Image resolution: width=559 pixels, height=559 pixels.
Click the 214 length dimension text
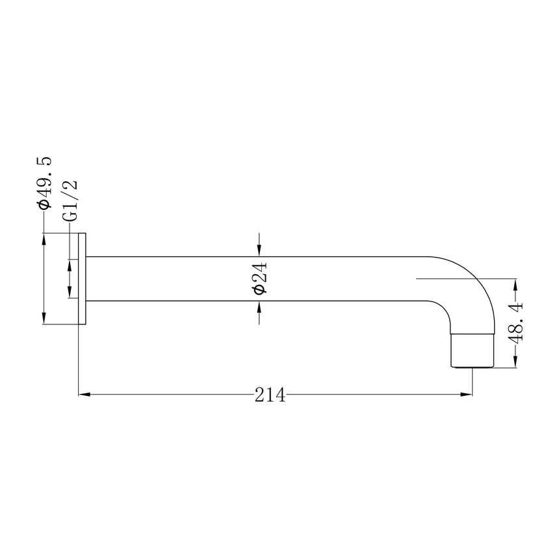(x=270, y=395)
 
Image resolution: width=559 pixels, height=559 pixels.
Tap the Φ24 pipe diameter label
(x=259, y=278)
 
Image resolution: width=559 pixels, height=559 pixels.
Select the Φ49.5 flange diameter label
(x=45, y=182)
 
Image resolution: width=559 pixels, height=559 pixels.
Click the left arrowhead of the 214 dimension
(x=84, y=395)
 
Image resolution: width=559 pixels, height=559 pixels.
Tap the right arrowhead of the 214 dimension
(x=467, y=395)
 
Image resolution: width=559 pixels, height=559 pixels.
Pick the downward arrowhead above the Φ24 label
(x=259, y=251)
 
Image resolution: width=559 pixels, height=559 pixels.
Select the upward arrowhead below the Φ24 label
(x=259, y=307)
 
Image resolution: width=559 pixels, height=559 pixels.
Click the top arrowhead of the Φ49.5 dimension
(x=44, y=239)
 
